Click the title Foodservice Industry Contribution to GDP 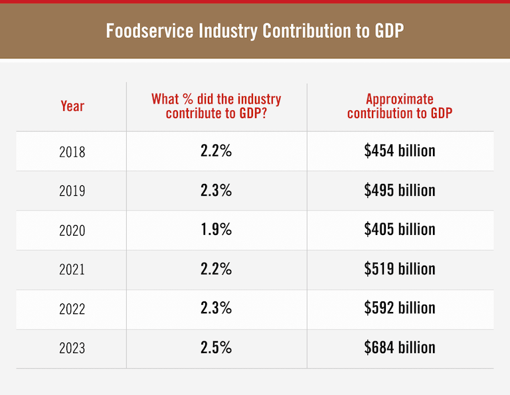(254, 31)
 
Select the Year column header (72, 106)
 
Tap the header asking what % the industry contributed (216, 106)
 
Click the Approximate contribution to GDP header (400, 106)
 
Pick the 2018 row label (72, 151)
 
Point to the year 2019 (72, 191)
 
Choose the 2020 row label (72, 230)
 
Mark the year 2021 (72, 269)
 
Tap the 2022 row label (72, 308)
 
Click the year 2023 (72, 348)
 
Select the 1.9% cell (216, 230)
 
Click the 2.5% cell (216, 347)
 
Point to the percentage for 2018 (216, 151)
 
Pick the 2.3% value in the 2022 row (216, 308)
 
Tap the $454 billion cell (400, 151)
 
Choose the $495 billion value (400, 191)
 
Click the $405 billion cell (400, 230)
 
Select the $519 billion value (400, 269)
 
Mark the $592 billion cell (400, 308)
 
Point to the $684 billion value (400, 347)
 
